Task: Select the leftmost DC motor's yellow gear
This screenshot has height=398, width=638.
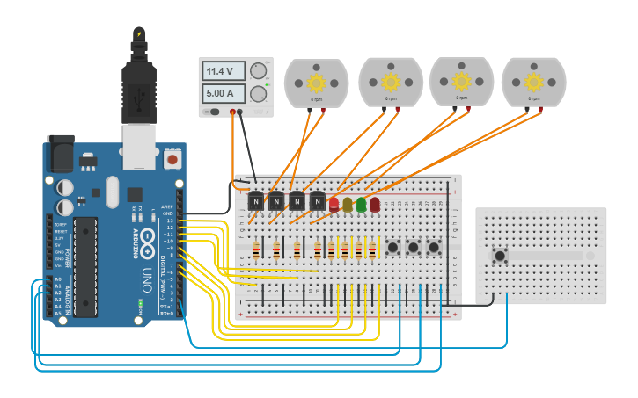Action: [317, 83]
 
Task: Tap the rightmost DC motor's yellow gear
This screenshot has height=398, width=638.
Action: [533, 82]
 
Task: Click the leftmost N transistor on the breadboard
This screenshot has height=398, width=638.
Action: [256, 202]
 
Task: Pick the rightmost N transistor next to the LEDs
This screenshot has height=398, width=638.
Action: [318, 202]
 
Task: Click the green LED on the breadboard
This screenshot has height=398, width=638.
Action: [361, 204]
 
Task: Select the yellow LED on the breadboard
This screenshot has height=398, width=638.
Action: [348, 205]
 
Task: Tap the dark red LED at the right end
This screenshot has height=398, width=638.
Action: [375, 204]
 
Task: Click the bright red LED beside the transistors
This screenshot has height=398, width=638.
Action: [334, 204]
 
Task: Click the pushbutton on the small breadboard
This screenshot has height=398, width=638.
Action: [500, 257]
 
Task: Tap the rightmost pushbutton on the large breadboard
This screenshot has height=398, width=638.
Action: [434, 249]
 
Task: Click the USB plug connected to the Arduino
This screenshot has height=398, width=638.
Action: [138, 92]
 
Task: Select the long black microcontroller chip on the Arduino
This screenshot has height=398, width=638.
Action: [85, 264]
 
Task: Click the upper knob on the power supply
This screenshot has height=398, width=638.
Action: [259, 71]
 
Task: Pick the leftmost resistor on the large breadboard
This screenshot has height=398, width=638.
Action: [256, 253]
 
